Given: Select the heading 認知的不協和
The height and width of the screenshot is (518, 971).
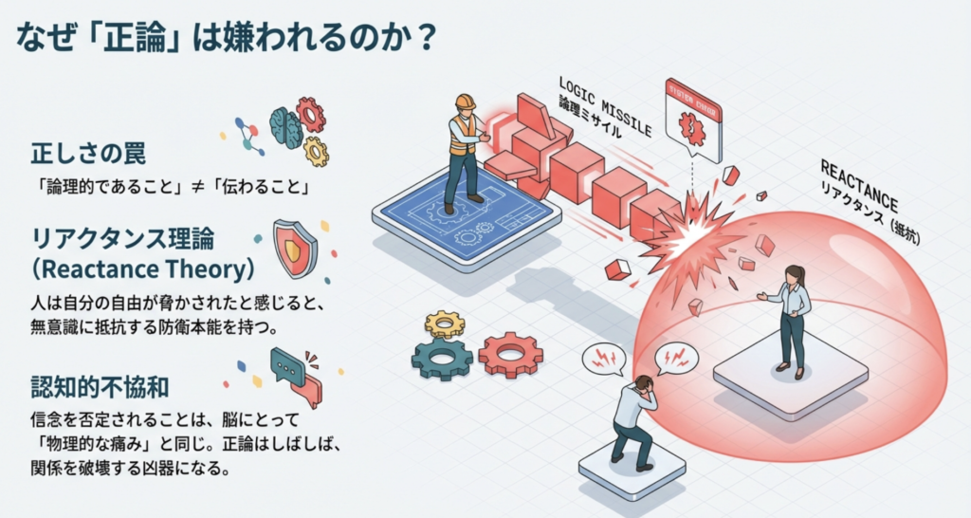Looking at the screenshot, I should click(101, 387).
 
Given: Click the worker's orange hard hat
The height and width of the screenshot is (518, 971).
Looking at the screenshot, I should click(464, 102).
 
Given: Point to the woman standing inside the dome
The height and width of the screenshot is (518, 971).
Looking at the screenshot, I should click(790, 317).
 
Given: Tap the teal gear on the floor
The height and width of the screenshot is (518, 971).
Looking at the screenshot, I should click(442, 357).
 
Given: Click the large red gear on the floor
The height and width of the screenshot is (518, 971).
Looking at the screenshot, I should click(510, 354).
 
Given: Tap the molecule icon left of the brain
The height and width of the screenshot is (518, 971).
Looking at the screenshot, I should click(249, 135).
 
